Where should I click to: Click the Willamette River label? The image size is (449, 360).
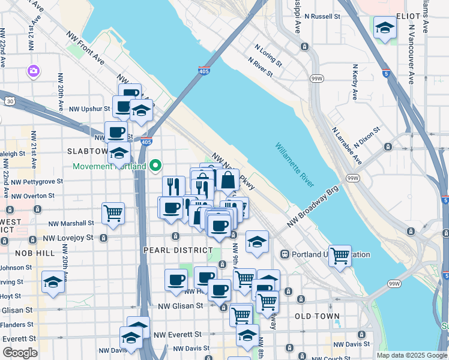pyautogui.click(x=295, y=164)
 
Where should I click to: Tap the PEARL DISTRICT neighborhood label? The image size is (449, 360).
pyautogui.click(x=178, y=250)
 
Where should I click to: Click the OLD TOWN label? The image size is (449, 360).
pyautogui.click(x=317, y=316)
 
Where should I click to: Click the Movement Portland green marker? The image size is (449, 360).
pyautogui.click(x=156, y=164)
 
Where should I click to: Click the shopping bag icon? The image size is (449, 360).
pyautogui.click(x=229, y=179)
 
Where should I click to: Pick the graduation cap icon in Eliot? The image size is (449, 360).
pyautogui.click(x=385, y=27)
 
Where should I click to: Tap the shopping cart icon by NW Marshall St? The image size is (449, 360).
pyautogui.click(x=113, y=213)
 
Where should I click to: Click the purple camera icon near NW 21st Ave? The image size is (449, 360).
pyautogui.click(x=33, y=71)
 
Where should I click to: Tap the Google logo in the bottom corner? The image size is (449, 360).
pyautogui.click(x=20, y=352)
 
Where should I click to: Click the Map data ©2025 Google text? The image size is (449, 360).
pyautogui.click(x=411, y=355)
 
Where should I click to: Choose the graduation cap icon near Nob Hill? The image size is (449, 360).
pyautogui.click(x=53, y=282)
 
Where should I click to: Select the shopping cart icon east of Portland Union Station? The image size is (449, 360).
pyautogui.click(x=340, y=256)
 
